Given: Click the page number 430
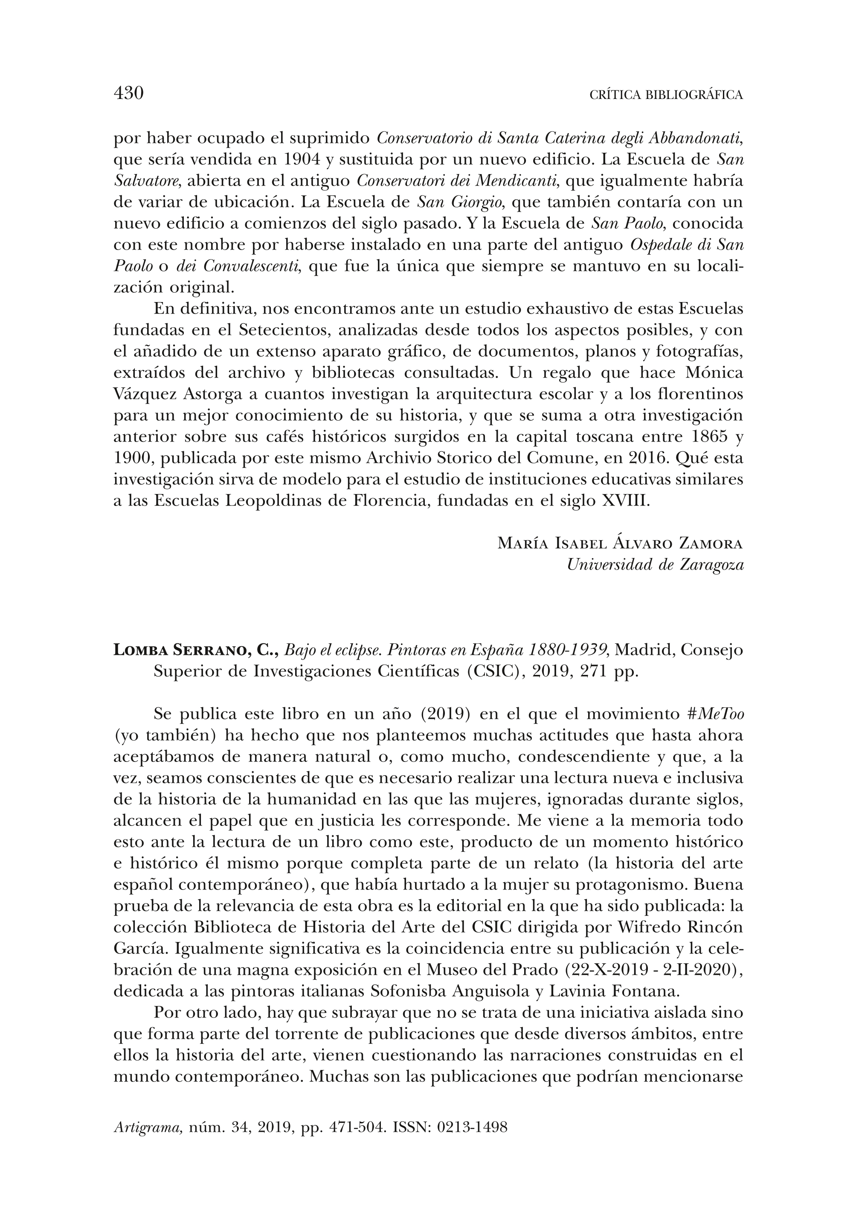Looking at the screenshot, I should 129,93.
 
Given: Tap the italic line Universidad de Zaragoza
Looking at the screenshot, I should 655,565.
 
